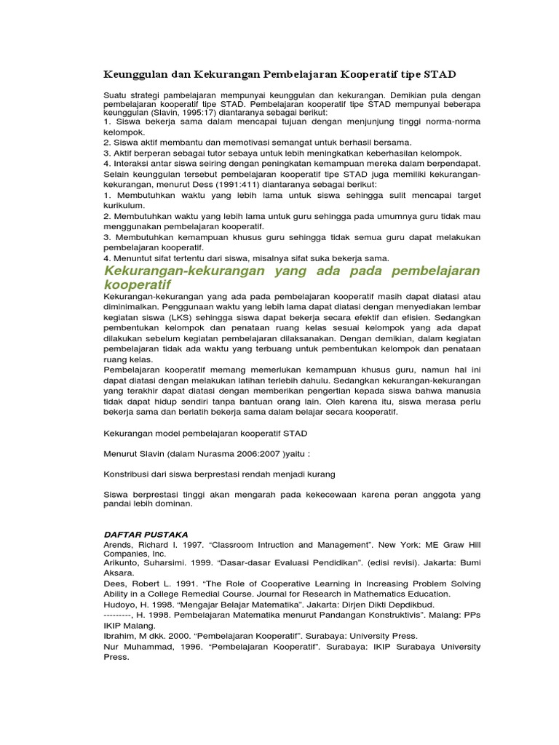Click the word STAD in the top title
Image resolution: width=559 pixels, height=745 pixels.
[439, 75]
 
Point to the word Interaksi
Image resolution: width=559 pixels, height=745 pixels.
[133, 163]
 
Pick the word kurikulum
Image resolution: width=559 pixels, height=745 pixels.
[125, 206]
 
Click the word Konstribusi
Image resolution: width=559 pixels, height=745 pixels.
[134, 474]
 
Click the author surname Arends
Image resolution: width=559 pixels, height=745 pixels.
[120, 544]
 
